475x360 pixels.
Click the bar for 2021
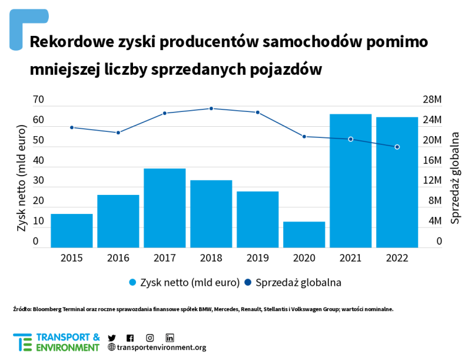coord(350,181)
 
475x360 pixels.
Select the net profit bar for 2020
coord(304,234)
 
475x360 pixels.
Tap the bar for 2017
coord(165,208)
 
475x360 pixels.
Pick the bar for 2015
coord(72,231)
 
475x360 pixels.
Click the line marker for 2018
coord(211,109)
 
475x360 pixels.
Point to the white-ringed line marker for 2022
coord(397,147)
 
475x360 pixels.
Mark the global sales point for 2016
coord(118,132)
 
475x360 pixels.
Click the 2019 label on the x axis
coord(257,258)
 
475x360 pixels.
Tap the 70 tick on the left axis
coord(38,100)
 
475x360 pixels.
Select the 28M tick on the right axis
coord(432,100)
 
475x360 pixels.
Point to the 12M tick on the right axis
coord(432,181)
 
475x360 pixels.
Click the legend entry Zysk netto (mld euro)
coord(184,283)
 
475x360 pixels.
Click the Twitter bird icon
coord(112,338)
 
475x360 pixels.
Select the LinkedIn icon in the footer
coord(169,338)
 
